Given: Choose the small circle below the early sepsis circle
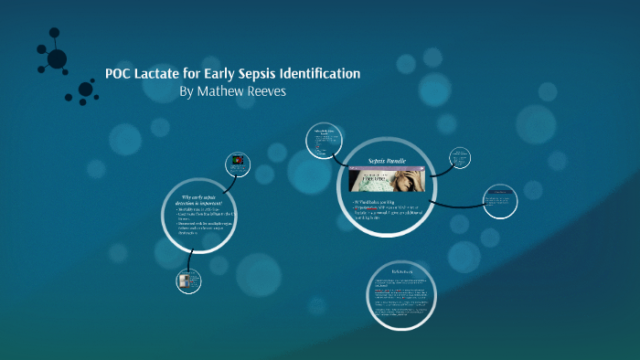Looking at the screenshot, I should [188, 281].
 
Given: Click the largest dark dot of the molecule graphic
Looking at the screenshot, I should [57, 58].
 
